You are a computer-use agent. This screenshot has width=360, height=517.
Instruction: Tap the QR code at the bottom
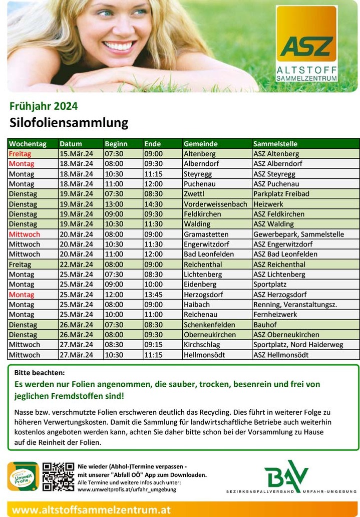click(x=58, y=476)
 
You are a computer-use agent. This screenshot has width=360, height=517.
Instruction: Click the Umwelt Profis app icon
click(x=23, y=476)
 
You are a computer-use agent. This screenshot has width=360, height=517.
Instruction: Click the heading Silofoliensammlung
click(x=69, y=123)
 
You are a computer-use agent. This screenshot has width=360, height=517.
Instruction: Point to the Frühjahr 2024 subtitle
click(x=44, y=106)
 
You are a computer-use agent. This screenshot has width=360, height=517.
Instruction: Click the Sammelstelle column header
click(x=275, y=144)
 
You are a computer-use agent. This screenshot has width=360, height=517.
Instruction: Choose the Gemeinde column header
click(x=200, y=144)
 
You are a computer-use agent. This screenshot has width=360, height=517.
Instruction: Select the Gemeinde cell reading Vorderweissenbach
click(x=215, y=204)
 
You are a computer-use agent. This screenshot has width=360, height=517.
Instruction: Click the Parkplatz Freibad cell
click(x=281, y=194)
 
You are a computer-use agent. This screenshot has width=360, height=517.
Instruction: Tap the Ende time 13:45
click(x=153, y=295)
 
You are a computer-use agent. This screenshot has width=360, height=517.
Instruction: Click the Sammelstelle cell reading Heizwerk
click(x=268, y=204)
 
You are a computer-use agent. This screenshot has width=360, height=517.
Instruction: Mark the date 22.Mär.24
click(x=76, y=265)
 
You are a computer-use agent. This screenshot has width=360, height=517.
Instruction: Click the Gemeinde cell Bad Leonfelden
click(x=209, y=254)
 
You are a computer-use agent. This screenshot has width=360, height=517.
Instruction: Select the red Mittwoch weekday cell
click(x=24, y=234)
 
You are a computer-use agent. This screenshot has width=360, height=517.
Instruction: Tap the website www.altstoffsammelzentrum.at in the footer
click(x=91, y=509)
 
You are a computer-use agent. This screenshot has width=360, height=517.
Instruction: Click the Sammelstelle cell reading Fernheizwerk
click(x=275, y=315)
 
